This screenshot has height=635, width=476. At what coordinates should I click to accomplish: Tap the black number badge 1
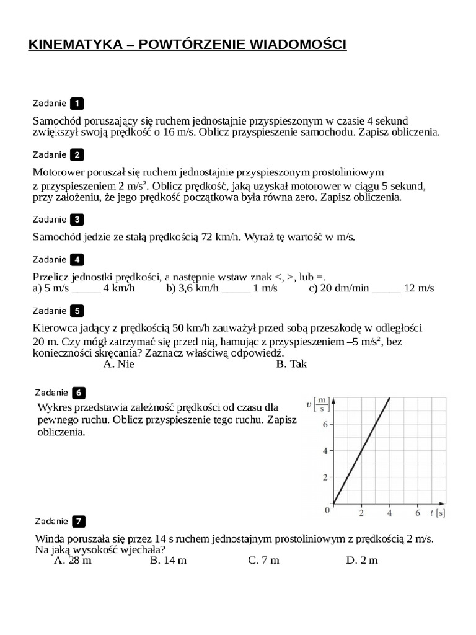77,104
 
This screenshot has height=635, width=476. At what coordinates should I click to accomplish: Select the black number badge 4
77,260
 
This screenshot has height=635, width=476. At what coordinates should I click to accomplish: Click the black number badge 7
79,522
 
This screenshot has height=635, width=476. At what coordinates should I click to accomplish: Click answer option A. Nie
119,364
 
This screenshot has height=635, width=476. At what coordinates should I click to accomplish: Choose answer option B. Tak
291,364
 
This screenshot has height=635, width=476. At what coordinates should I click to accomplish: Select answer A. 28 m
73,560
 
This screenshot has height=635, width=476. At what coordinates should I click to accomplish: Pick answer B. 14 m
168,560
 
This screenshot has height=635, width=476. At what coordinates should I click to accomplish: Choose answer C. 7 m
263,560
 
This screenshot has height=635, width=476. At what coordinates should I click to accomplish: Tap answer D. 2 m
361,560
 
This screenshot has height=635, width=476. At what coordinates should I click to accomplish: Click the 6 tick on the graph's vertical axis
324,425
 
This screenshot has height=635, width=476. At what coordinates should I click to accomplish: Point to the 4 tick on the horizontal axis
390,513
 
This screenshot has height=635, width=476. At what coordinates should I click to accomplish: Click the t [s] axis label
437,513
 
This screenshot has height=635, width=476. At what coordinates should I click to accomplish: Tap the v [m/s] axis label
318,404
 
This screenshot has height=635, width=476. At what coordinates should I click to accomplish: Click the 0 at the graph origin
327,510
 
